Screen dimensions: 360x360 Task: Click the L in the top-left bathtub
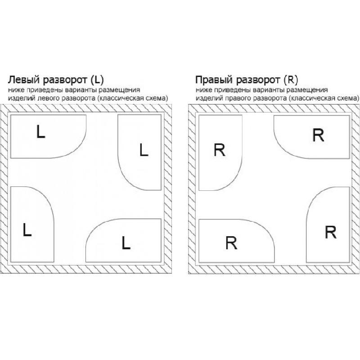point(40,131)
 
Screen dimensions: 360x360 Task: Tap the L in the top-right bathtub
point(144,150)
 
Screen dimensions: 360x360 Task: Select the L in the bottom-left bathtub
point(27,229)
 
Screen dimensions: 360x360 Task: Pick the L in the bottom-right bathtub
point(126,243)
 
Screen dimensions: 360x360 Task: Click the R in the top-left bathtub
point(220,150)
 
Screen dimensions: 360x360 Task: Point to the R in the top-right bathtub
point(319,135)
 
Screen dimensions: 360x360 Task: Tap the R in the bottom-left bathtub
point(231,243)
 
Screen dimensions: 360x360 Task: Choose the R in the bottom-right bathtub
point(331,232)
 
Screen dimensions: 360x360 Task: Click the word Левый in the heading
point(24,80)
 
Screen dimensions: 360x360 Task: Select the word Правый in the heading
point(214,80)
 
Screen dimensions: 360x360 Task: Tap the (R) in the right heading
point(291,80)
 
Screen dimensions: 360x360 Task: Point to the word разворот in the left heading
point(65,80)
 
